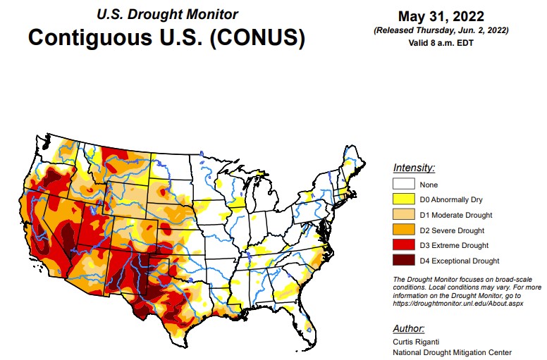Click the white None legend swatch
404,185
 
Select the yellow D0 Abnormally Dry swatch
404,200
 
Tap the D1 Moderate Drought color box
404,215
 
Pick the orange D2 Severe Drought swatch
404,230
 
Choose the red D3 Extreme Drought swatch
404,245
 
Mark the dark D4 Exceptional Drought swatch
404,261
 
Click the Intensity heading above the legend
414,168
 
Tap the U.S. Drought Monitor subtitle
166,14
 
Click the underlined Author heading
409,328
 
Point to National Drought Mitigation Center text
452,352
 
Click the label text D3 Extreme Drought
454,245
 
